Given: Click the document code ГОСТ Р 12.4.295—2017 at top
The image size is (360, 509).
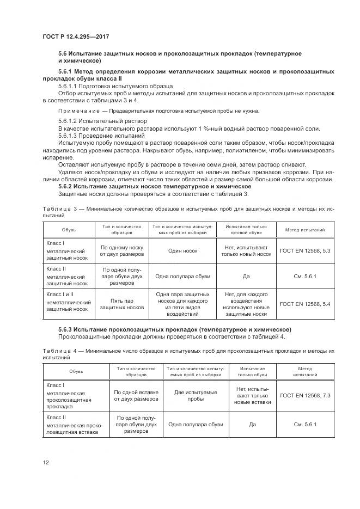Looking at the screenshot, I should pyautogui.click(x=73, y=35).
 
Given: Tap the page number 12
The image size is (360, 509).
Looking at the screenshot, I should pyautogui.click(x=46, y=462).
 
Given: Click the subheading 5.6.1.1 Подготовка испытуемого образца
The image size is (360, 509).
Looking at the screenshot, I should pyautogui.click(x=115, y=86).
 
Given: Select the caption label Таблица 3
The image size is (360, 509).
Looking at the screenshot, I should pyautogui.click(x=58, y=208).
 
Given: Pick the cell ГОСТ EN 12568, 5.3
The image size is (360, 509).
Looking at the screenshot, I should pyautogui.click(x=305, y=251).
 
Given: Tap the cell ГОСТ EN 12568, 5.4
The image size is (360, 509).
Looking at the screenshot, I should pyautogui.click(x=305, y=304).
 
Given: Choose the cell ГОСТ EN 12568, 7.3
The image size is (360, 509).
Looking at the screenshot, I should pyautogui.click(x=305, y=395).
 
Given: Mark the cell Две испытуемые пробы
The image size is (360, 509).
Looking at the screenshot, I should pyautogui.click(x=196, y=395).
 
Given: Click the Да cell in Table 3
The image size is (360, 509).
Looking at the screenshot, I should pyautogui.click(x=245, y=276).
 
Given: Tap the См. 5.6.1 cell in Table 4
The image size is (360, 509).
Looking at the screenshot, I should pyautogui.click(x=305, y=424).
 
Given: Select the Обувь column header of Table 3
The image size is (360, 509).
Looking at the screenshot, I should pyautogui.click(x=69, y=230).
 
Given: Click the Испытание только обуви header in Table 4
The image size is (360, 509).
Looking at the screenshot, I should pyautogui.click(x=252, y=372).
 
